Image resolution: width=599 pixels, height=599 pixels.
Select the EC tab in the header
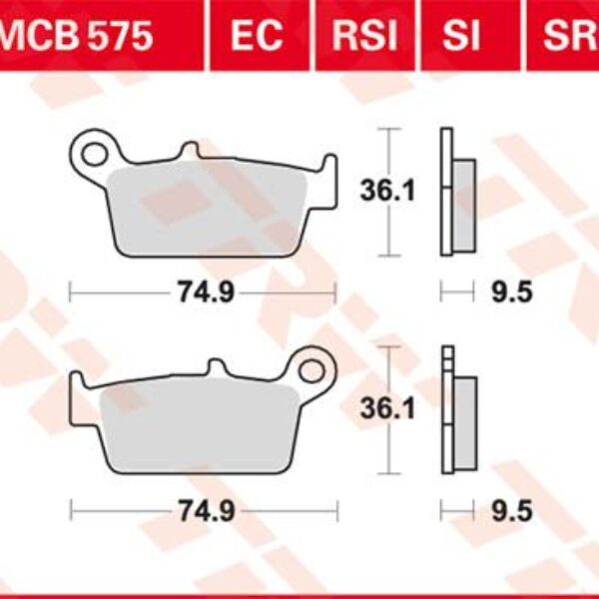tap(258, 37)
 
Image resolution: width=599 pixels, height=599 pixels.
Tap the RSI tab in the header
tap(364, 37)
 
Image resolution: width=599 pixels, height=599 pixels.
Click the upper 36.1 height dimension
tap(385, 190)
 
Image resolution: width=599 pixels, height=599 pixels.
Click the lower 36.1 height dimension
tap(385, 407)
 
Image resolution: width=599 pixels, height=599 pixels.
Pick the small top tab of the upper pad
tap(188, 150)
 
